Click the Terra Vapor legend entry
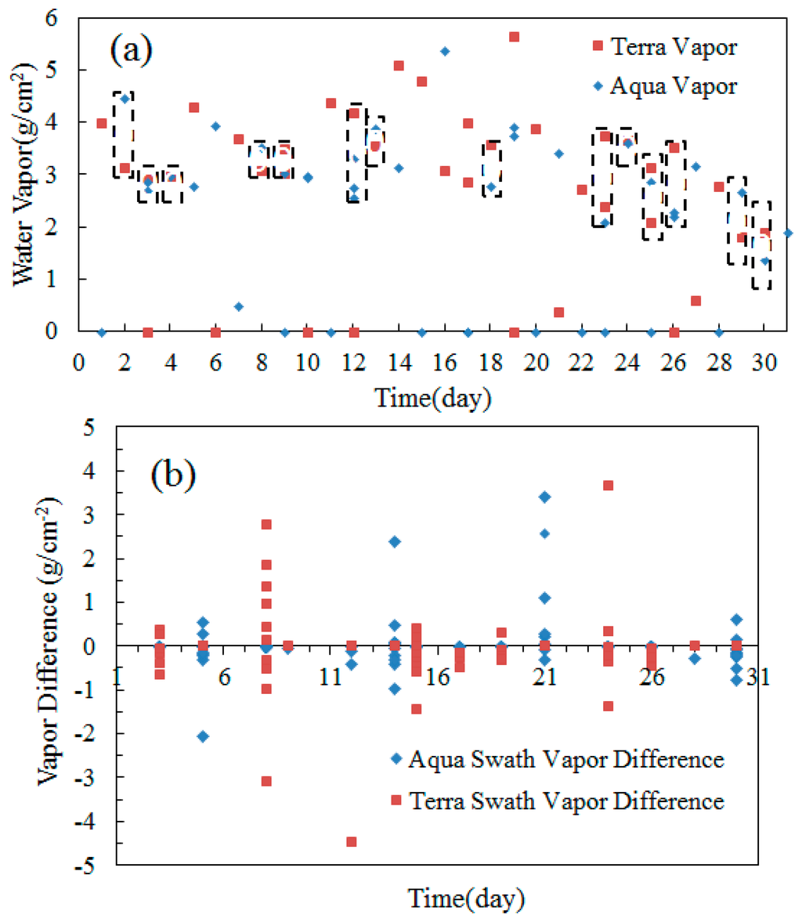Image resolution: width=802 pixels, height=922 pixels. click(x=664, y=47)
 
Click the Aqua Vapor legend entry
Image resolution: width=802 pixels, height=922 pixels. click(x=664, y=85)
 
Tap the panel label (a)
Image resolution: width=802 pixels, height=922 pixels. click(x=131, y=52)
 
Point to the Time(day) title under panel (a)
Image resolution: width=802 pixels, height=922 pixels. click(x=433, y=397)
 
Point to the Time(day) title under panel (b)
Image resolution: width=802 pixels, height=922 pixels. click(x=466, y=898)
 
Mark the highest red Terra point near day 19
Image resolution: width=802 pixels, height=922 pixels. click(x=514, y=37)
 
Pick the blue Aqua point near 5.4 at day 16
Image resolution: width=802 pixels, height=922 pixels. click(x=445, y=52)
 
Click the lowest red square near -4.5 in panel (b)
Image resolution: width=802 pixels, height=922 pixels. click(x=352, y=842)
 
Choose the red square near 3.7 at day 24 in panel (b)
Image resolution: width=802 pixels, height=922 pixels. click(x=608, y=486)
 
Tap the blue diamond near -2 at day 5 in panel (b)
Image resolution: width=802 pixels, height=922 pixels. click(x=203, y=736)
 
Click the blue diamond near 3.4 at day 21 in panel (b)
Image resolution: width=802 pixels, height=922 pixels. click(x=544, y=497)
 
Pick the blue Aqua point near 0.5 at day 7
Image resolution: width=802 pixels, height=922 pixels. click(x=239, y=307)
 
